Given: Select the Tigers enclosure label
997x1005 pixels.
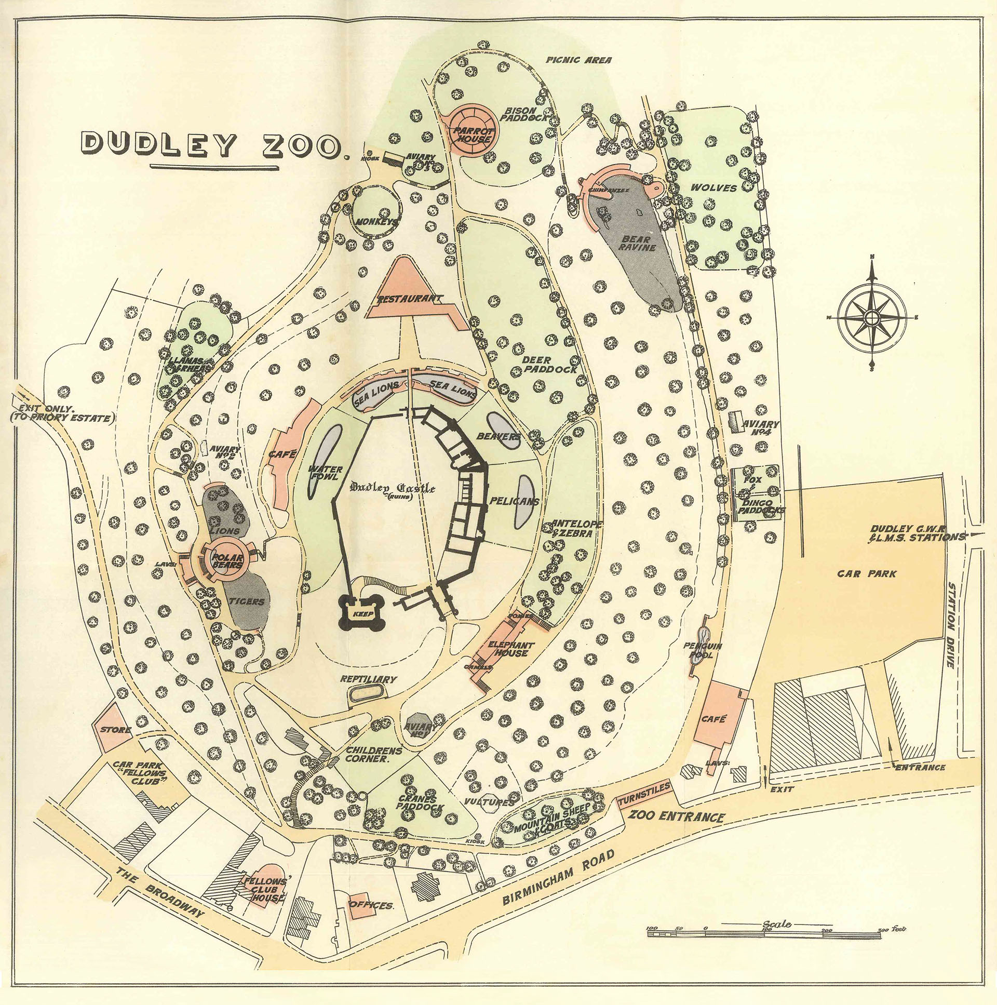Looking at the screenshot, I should (x=247, y=602).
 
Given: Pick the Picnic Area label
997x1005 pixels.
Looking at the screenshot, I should (x=578, y=60).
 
